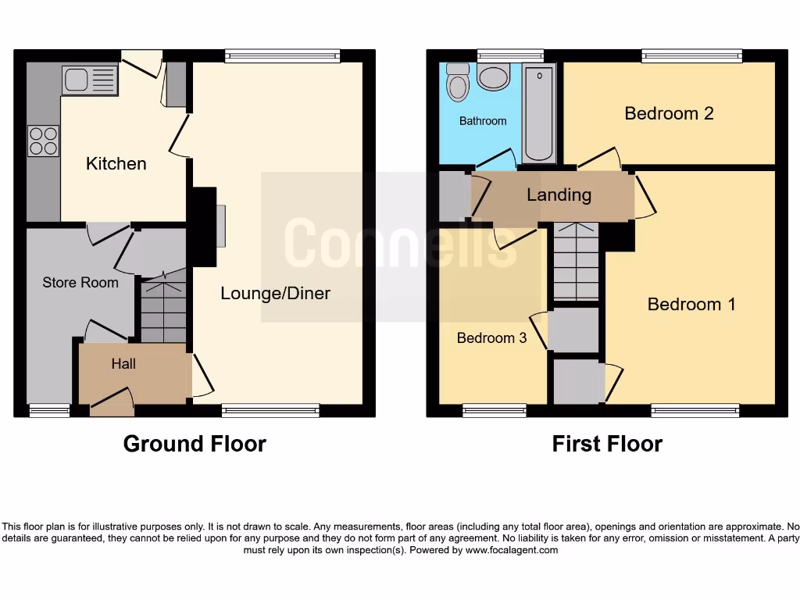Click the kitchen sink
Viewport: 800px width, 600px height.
pos(89,80)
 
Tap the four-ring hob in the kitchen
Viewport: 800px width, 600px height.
pos(43,141)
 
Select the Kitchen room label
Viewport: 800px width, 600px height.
pos(116,163)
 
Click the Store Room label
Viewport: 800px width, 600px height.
pos(80,282)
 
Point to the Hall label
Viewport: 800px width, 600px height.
pos(123,363)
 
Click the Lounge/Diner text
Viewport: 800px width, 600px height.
pos(275,294)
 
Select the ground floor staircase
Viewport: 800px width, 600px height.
pos(163,309)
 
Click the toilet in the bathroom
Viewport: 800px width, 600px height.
pos(458,82)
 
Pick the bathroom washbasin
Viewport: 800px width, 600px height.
pos(493,77)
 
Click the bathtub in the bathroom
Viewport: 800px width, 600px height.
pos(539,113)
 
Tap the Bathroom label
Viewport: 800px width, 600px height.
pos(483,121)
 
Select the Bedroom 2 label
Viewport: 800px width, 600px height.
pos(669,113)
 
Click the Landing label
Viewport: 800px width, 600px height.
pos(559,195)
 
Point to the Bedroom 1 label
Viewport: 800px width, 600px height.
pos(691,304)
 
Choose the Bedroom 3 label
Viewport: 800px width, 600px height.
pos(491,338)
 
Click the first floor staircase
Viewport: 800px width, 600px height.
pos(576,262)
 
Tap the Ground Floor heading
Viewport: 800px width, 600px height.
pos(195,444)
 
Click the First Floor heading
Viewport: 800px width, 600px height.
pos(607,444)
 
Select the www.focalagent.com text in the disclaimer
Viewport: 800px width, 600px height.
pos(512,550)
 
